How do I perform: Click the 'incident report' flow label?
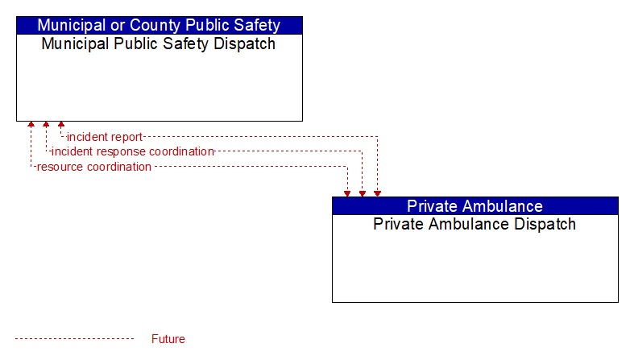pos(105,137)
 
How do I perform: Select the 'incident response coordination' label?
pos(133,151)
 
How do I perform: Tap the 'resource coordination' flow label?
pos(94,167)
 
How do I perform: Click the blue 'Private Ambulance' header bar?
pos(475,205)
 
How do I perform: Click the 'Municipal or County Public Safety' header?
pos(160,25)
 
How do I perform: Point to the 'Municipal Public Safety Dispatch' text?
pos(158,43)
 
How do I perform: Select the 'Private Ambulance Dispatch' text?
pos(475,224)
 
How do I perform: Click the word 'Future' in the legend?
pos(168,339)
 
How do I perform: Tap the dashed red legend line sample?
pos(74,339)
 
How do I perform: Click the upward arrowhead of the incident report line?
pos(61,124)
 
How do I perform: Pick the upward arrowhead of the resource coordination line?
pos(31,124)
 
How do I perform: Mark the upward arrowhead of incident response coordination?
pos(46,124)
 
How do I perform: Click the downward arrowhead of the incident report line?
pos(377,194)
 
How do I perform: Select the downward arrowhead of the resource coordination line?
pos(347,194)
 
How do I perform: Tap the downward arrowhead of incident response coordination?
pos(363,194)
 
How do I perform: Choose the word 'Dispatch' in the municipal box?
pos(244,43)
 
